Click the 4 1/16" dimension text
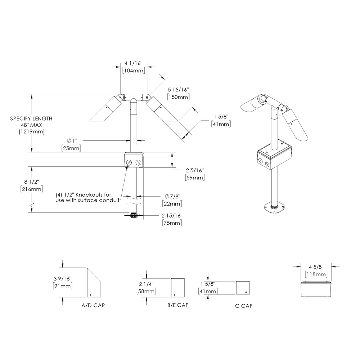click(x=134, y=63)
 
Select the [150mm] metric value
click(x=178, y=97)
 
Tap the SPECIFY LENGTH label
click(x=31, y=118)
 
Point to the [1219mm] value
click(x=31, y=131)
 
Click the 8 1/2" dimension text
click(x=32, y=182)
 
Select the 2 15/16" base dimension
click(x=172, y=216)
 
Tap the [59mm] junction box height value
click(x=195, y=177)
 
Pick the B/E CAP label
click(x=178, y=305)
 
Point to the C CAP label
click(x=244, y=306)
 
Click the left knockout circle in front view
click(x=130, y=163)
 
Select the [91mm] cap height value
click(x=62, y=286)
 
